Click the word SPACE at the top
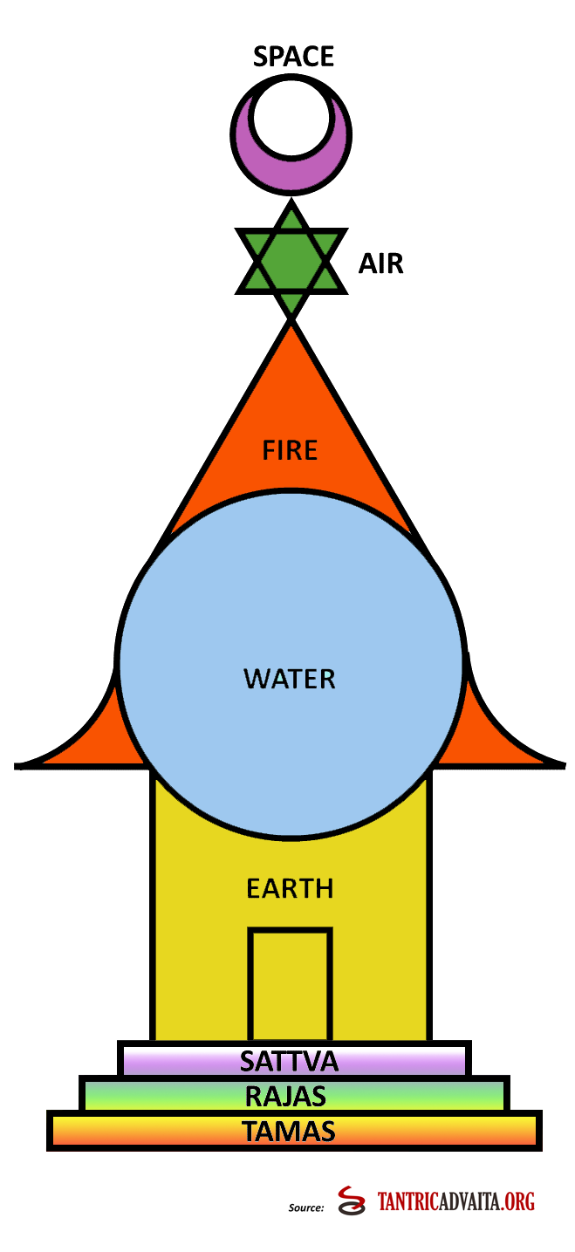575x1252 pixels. (293, 58)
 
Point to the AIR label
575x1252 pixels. (380, 263)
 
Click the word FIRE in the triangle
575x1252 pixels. (291, 450)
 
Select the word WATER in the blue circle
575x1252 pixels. (290, 678)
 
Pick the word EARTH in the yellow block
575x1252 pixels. (290, 889)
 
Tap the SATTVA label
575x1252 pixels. (289, 1062)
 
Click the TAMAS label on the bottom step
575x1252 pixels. (289, 1132)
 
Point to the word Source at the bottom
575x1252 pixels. (306, 1208)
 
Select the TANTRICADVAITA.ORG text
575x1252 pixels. (456, 1202)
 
